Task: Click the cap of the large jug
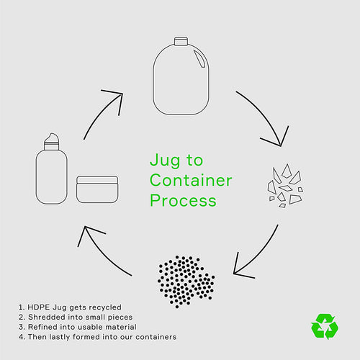click(x=181, y=41)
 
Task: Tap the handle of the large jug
click(x=199, y=59)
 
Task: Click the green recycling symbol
click(x=325, y=326)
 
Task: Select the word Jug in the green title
click(x=165, y=161)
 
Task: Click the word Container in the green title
click(x=191, y=180)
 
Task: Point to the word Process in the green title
click(x=183, y=201)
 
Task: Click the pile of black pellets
click(x=186, y=282)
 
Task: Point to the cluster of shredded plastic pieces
click(x=285, y=186)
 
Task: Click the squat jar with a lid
click(x=97, y=189)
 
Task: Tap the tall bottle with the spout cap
click(x=52, y=168)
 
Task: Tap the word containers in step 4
click(x=156, y=337)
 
